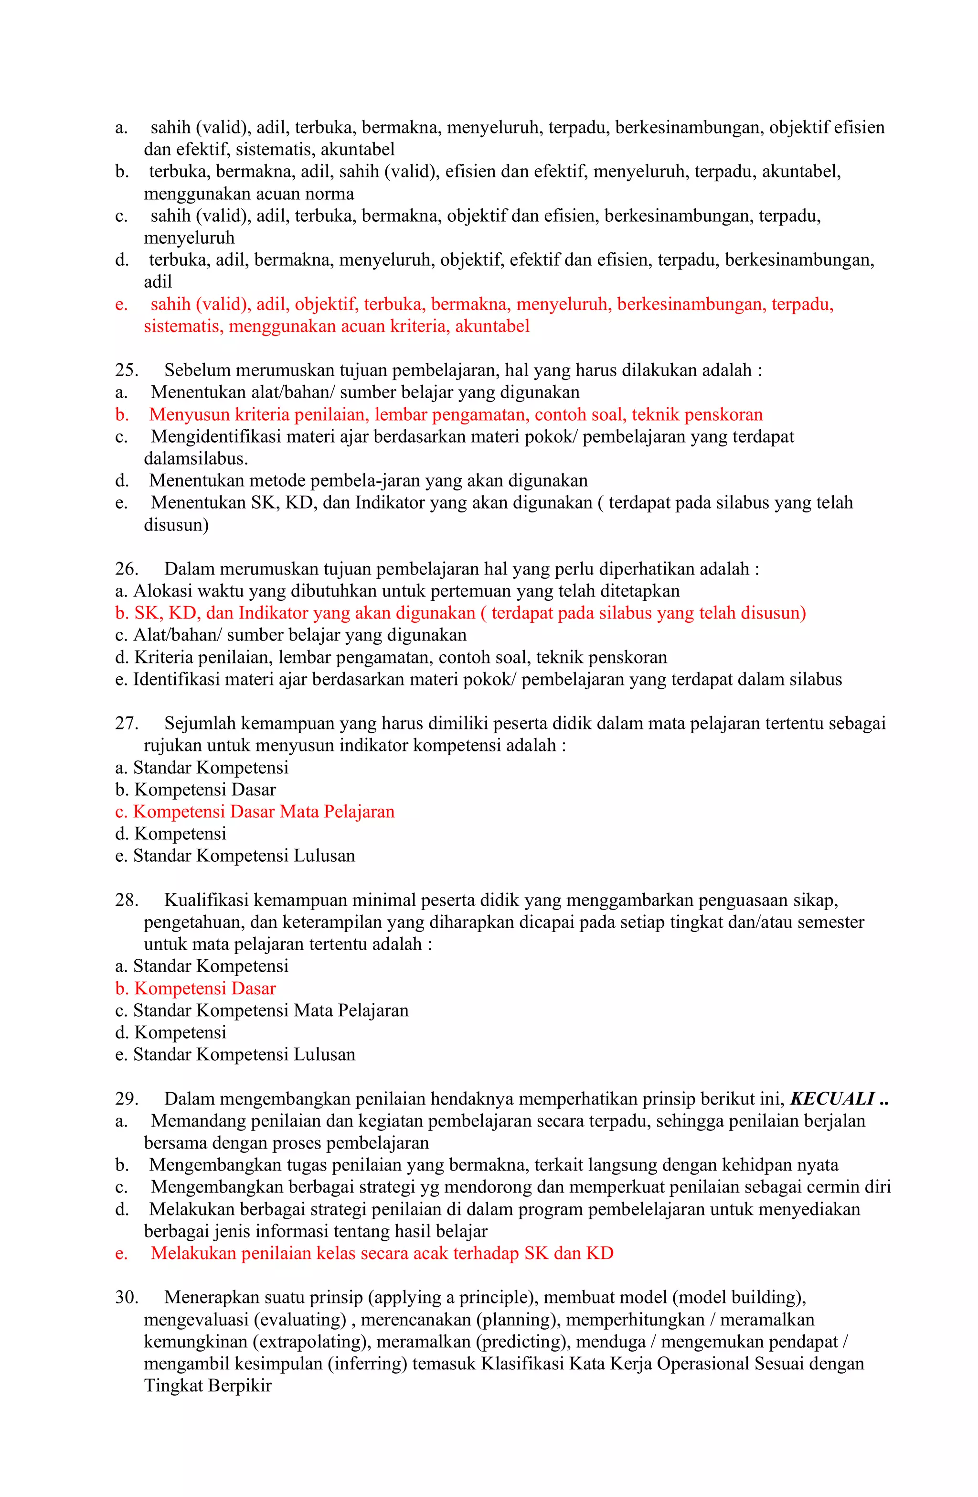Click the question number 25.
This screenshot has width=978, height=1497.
(127, 370)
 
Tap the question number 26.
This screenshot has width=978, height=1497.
(127, 569)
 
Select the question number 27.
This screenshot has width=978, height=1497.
(127, 723)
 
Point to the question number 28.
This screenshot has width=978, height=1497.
(127, 900)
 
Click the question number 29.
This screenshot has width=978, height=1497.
(127, 1099)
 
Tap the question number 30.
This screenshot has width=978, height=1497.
(127, 1298)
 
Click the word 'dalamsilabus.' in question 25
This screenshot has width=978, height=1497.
(195, 458)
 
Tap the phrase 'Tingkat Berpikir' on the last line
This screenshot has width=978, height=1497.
(207, 1386)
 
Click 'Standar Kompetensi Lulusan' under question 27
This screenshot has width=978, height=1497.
(244, 856)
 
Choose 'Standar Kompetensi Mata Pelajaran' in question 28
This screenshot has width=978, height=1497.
(270, 1011)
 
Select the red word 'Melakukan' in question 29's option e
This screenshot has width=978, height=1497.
(193, 1254)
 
